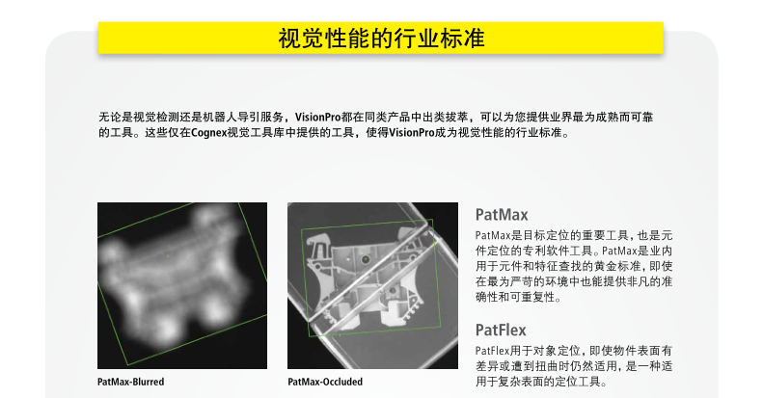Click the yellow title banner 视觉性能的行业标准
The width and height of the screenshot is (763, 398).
pos(380,38)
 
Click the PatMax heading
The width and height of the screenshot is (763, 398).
pos(502,215)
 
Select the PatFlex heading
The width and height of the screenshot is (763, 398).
pos(501,331)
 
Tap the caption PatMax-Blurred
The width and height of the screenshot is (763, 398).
pos(130,382)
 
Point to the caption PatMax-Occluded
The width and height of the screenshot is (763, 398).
pos(325,382)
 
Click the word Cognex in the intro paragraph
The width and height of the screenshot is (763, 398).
pos(208,133)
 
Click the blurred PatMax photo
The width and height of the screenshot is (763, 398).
pos(182,286)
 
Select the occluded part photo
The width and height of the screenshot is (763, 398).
pos(372,286)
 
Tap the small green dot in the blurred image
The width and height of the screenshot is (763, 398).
pos(168,255)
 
